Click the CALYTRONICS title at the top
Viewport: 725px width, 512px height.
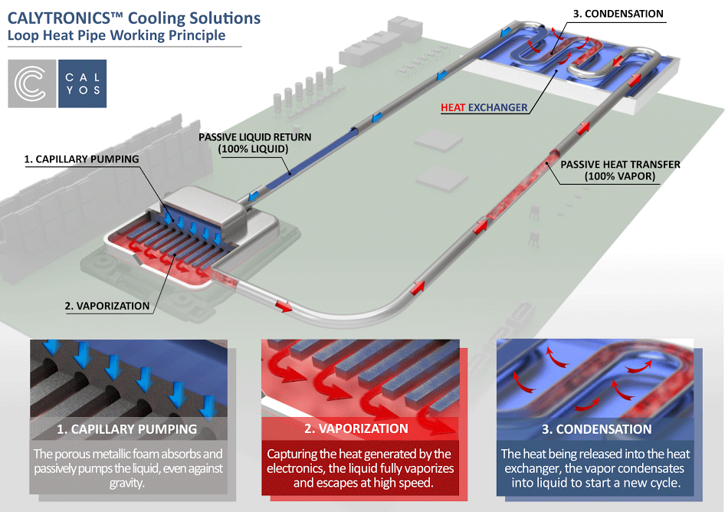click(133, 18)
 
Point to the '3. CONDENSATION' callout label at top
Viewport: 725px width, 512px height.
click(617, 13)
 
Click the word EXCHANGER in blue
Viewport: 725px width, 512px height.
click(499, 108)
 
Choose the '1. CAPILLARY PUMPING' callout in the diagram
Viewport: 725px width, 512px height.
click(81, 159)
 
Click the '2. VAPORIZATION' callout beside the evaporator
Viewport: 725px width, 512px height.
click(107, 305)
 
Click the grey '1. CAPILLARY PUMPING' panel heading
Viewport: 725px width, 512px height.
click(127, 429)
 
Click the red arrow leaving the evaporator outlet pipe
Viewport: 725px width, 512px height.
click(283, 306)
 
